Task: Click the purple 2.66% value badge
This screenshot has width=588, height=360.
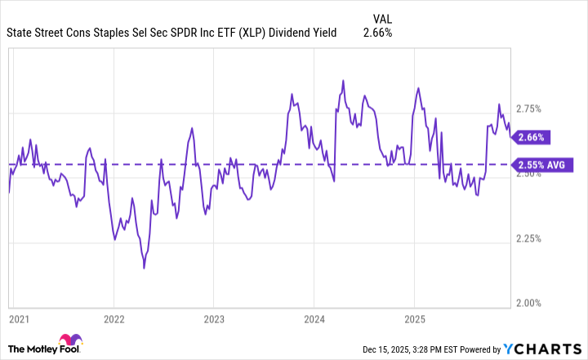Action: [x=530, y=137]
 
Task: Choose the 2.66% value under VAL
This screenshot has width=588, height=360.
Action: [x=377, y=33]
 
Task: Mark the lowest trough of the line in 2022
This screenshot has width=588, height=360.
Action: [x=144, y=268]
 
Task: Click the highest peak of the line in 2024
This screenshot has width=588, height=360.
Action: [x=343, y=80]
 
